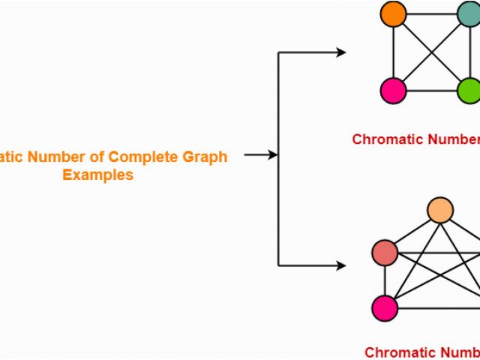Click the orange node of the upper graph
click(x=393, y=14)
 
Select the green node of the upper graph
click(x=469, y=91)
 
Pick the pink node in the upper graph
click(x=393, y=91)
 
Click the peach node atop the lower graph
click(x=440, y=211)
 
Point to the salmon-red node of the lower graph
click(x=385, y=253)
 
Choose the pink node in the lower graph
click(x=385, y=307)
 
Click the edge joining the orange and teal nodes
click(x=431, y=14)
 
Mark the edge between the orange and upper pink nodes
click(x=393, y=52)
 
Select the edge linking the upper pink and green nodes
click(x=431, y=91)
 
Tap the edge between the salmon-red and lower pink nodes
click(x=385, y=280)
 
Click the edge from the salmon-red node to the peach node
click(x=412, y=232)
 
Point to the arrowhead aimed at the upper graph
click(x=341, y=52)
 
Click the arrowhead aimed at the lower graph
click(x=341, y=265)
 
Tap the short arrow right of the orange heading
click(x=259, y=155)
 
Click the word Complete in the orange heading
click(x=138, y=157)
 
